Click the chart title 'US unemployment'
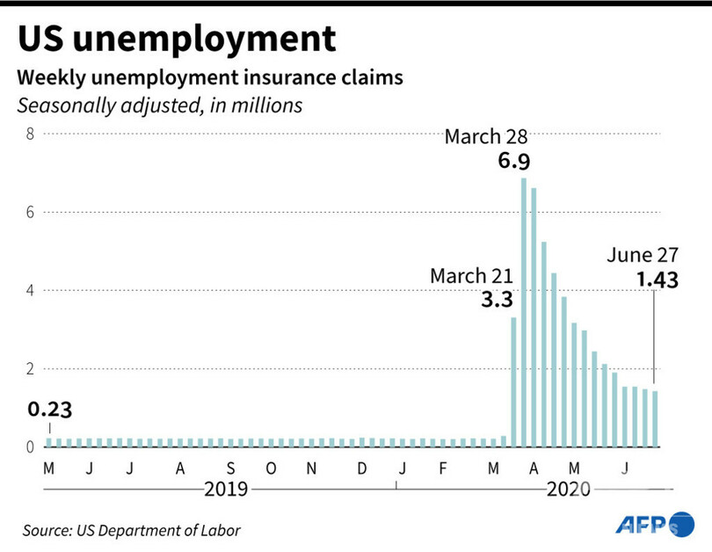tap(177, 39)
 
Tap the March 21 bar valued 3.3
tap(513, 381)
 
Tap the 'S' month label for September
tap(230, 468)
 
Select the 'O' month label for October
tap(271, 468)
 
